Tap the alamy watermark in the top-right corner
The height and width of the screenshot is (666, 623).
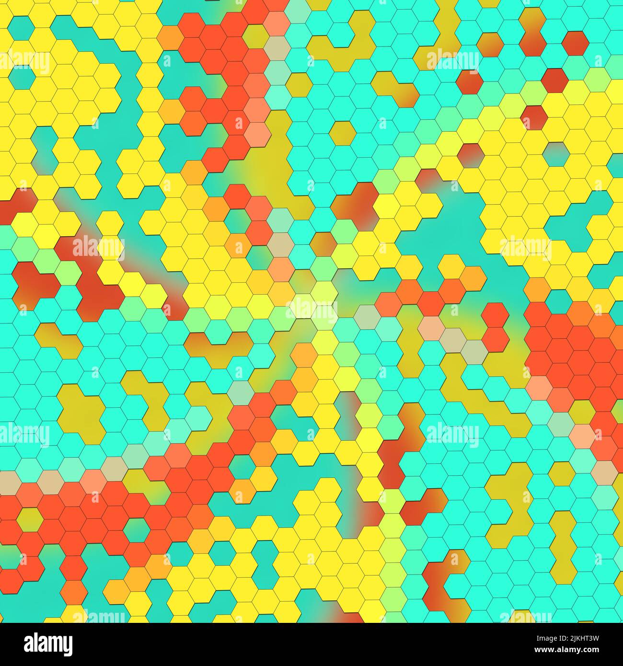pos(452,61)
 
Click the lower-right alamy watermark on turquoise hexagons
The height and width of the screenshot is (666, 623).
pos(452,434)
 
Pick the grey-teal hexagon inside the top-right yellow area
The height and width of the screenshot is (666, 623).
pos(556,152)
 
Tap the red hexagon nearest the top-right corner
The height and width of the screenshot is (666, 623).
pos(575,43)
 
